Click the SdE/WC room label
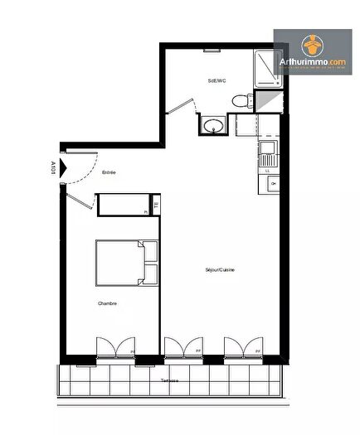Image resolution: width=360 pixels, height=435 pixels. pyautogui.click(x=216, y=80)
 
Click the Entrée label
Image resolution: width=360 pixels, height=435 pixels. pyautogui.click(x=109, y=172)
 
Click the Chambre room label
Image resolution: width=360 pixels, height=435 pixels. pyautogui.click(x=107, y=303)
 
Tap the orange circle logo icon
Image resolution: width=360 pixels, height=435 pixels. pyautogui.click(x=311, y=42)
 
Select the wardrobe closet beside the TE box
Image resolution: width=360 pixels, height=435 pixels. pyautogui.click(x=121, y=204)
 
